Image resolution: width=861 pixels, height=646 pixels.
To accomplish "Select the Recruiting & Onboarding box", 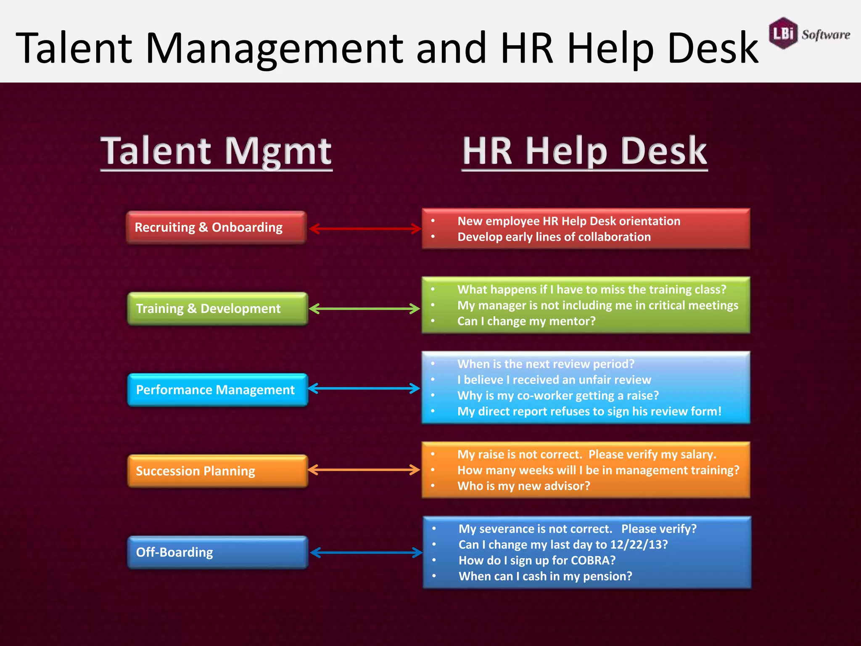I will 217,228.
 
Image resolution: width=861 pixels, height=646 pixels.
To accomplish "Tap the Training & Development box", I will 217,309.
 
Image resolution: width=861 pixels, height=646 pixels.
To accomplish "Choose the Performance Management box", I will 217,390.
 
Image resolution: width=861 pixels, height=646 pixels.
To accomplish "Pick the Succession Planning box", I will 217,471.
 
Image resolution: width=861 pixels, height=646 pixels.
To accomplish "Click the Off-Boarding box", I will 217,552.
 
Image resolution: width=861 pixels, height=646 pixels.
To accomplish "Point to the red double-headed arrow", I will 365,229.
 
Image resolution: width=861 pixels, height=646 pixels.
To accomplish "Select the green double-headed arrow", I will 364,309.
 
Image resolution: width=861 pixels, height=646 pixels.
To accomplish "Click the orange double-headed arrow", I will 364,470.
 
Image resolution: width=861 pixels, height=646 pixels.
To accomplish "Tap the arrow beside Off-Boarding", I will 366,553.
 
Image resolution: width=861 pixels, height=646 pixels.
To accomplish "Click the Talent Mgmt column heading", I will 216,151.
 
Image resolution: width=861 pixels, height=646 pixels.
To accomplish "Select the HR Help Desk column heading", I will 584,151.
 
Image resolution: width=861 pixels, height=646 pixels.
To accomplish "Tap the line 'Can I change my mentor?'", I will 526,321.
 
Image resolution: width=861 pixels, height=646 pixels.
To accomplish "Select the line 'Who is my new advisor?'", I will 524,486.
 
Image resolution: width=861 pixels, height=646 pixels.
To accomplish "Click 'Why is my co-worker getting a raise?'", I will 558,396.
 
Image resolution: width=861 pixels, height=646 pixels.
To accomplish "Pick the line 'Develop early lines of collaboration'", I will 554,237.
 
